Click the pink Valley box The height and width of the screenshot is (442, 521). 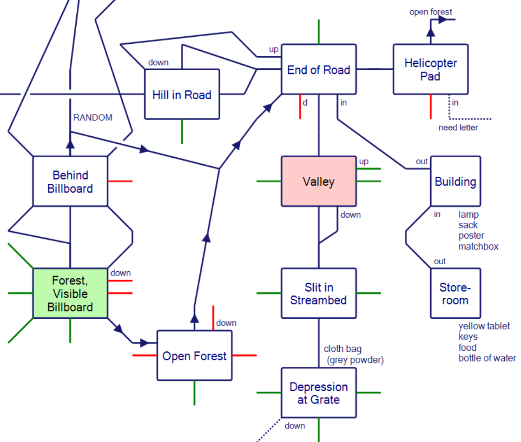pyautogui.click(x=318, y=181)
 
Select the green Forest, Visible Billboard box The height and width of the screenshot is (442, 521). pyautogui.click(x=70, y=293)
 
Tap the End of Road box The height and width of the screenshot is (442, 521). pyautogui.click(x=318, y=70)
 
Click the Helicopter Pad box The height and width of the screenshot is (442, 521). pyautogui.click(x=430, y=69)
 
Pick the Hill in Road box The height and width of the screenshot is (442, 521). pyautogui.click(x=182, y=94)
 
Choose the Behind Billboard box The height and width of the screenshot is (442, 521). pyautogui.click(x=70, y=181)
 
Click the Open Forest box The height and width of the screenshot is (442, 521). pyautogui.click(x=194, y=356)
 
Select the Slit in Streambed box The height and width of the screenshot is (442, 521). pyautogui.click(x=318, y=293)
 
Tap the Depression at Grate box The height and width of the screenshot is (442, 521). pyautogui.click(x=318, y=393)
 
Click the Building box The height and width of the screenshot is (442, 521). pyautogui.click(x=455, y=181)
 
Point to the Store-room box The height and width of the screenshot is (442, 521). pyautogui.click(x=455, y=293)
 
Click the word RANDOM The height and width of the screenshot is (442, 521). pyautogui.click(x=93, y=117)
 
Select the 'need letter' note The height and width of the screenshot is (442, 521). pyautogui.click(x=458, y=127)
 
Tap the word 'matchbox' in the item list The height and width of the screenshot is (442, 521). pyautogui.click(x=478, y=247)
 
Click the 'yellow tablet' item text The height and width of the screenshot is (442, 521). pyautogui.click(x=484, y=326)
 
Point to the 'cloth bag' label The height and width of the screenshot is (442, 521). pyautogui.click(x=343, y=349)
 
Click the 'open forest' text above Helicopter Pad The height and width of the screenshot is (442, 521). pyautogui.click(x=430, y=12)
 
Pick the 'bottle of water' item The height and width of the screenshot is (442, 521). pyautogui.click(x=487, y=358)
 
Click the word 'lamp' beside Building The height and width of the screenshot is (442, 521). pyautogui.click(x=468, y=214)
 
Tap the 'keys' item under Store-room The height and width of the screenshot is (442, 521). pyautogui.click(x=468, y=337)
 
